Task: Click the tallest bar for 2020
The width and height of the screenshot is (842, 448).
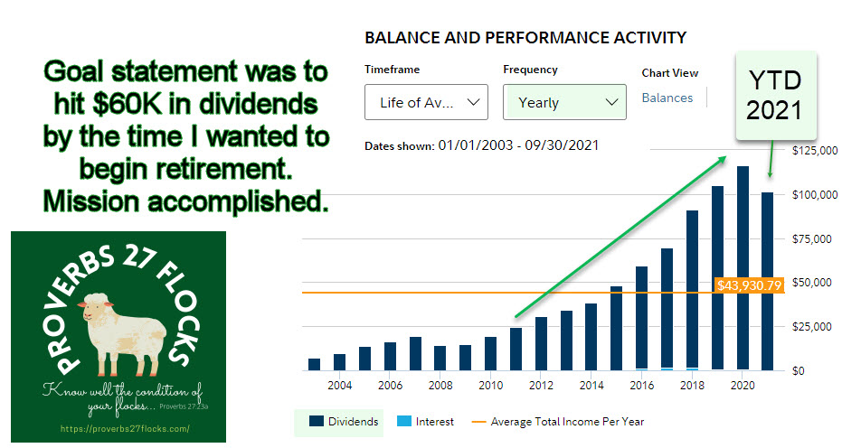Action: pyautogui.click(x=743, y=267)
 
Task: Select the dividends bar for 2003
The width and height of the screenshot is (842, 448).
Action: pyautogui.click(x=314, y=364)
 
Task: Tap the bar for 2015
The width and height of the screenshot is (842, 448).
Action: pyautogui.click(x=617, y=329)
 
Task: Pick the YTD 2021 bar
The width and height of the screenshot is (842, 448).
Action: pyautogui.click(x=768, y=281)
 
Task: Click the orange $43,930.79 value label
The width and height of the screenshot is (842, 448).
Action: pyautogui.click(x=750, y=285)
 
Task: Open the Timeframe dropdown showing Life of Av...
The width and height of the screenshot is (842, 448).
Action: pyautogui.click(x=426, y=102)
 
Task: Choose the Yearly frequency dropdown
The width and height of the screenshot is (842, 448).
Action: pyautogui.click(x=565, y=102)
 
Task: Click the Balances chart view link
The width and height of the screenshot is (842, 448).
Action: pyautogui.click(x=667, y=98)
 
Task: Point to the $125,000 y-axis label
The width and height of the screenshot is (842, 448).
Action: pyautogui.click(x=815, y=150)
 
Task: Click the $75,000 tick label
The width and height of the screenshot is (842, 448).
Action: pyautogui.click(x=812, y=239)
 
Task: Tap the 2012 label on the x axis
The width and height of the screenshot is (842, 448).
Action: pyautogui.click(x=541, y=386)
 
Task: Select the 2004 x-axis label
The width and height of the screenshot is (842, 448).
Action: pyautogui.click(x=339, y=386)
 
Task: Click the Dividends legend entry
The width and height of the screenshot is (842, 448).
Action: pyautogui.click(x=344, y=422)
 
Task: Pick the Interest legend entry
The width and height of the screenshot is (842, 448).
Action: pyautogui.click(x=425, y=422)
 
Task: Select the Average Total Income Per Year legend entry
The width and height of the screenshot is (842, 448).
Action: pyautogui.click(x=558, y=422)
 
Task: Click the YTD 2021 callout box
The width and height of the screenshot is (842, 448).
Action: pyautogui.click(x=776, y=96)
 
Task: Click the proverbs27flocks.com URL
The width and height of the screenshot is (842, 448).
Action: pyautogui.click(x=125, y=429)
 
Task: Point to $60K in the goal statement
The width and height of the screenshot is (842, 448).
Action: pyautogui.click(x=128, y=105)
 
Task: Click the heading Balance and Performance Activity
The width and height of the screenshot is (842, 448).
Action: pyautogui.click(x=525, y=38)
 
